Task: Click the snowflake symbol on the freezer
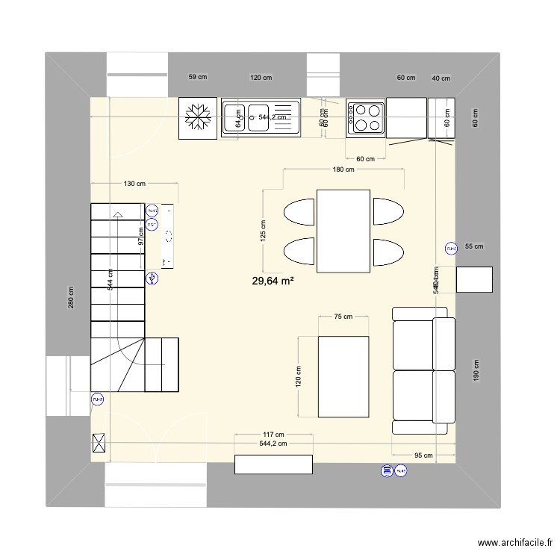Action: click(199, 117)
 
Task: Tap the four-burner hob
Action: click(366, 118)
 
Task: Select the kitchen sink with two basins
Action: click(260, 118)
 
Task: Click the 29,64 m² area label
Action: click(273, 281)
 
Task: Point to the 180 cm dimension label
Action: click(343, 170)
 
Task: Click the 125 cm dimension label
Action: click(263, 231)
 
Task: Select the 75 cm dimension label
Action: click(343, 317)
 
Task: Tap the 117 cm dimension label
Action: click(273, 435)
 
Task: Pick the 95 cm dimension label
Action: click(423, 455)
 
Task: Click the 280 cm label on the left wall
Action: click(72, 298)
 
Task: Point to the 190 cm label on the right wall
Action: click(475, 370)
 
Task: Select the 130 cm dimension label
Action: click(134, 184)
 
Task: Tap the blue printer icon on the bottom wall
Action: click(387, 470)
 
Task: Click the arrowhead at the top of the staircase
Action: click(117, 215)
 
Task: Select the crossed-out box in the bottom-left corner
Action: click(99, 444)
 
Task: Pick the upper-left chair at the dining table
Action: click(299, 211)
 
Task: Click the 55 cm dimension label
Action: click(474, 246)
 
